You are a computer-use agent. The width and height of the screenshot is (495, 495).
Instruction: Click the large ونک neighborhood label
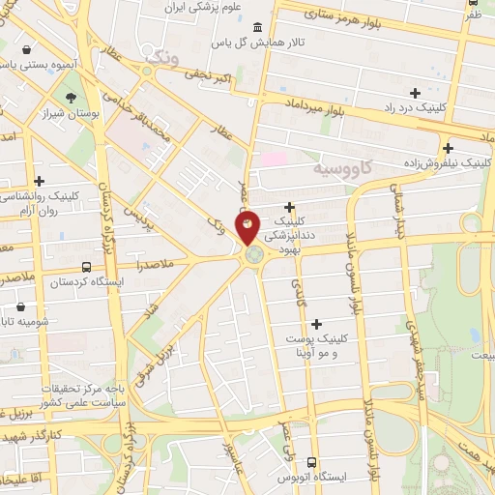[x=160, y=60]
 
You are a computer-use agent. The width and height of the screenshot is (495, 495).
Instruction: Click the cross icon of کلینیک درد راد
[x=415, y=94]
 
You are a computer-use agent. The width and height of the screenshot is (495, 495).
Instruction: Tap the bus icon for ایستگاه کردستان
[x=87, y=267]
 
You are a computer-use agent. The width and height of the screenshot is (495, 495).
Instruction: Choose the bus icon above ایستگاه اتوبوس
[x=311, y=462]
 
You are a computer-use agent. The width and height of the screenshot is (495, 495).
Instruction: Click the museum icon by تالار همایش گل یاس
[x=255, y=28]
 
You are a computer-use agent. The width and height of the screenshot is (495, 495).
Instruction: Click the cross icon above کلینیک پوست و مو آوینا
[x=315, y=324]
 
